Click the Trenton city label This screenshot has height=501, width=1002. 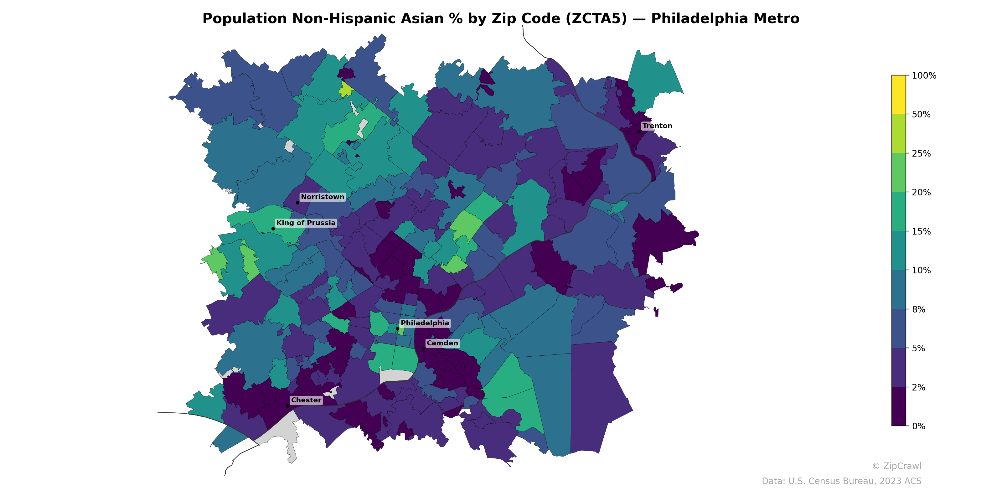657,126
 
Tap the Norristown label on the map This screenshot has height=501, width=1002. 323,197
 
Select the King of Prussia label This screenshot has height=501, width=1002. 306,223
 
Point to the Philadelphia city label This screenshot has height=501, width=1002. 425,323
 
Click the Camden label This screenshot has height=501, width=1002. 442,343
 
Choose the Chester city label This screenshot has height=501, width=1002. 306,400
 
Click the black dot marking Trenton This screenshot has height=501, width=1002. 639,132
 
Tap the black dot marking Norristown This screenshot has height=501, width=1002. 297,203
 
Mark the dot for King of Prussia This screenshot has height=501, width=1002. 273,229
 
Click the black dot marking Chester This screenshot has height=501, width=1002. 288,406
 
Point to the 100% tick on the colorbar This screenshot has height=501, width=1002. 924,75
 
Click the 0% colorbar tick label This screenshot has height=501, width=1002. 918,426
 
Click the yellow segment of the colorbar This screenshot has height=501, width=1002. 899,95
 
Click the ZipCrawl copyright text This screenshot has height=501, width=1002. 896,466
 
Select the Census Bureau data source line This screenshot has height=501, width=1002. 841,481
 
